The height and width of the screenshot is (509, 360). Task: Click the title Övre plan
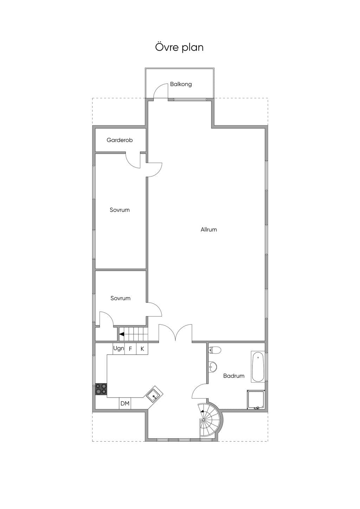[x=179, y=47]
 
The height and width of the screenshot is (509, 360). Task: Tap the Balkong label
[x=181, y=84]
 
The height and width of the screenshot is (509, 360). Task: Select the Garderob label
[x=120, y=140]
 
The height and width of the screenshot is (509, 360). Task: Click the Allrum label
[x=208, y=230]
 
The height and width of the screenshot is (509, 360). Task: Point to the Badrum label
[x=234, y=376]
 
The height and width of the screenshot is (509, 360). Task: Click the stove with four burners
[x=101, y=388]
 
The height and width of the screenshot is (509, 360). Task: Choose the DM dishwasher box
[x=125, y=404]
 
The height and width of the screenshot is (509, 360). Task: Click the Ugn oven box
[x=118, y=348]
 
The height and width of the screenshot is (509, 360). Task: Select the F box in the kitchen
[x=130, y=348]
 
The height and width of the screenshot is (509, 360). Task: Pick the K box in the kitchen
[x=142, y=348]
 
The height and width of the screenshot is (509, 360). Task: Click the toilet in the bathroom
[x=214, y=350]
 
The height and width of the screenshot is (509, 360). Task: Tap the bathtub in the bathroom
[x=258, y=367]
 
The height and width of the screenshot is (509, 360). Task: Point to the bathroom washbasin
[x=213, y=366]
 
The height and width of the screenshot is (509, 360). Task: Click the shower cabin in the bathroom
[x=256, y=399]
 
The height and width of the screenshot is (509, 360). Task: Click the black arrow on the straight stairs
[x=122, y=334]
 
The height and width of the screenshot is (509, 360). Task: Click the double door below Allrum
[x=175, y=333]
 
